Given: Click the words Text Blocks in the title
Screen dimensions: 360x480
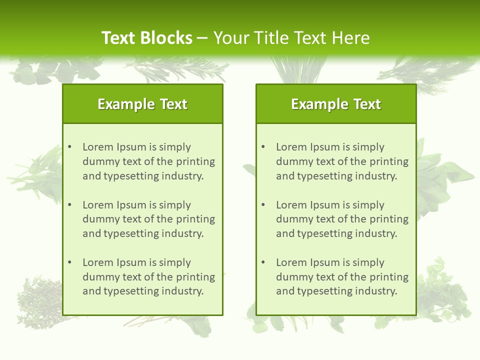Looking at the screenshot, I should pos(146,38).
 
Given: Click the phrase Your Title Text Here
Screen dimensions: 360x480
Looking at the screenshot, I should pos(291,38).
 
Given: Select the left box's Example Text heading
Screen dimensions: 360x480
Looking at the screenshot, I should pos(142,104).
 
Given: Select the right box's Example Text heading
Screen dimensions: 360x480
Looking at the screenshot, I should pos(336,104).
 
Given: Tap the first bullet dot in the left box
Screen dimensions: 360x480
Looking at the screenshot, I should pos(69,147).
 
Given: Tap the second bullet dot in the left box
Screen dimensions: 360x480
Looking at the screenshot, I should pos(69,205).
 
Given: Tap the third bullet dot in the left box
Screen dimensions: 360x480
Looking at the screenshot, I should pos(69,262).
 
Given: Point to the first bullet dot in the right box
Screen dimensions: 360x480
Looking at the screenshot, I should pos(263,147).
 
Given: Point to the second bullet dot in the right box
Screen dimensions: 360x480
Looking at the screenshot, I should pos(263,205).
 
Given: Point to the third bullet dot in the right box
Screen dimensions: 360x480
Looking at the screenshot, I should pos(263,262).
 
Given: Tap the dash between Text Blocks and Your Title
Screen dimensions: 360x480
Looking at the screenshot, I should pos(203,38).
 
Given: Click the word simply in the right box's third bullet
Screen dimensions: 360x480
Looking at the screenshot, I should pos(368,262).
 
